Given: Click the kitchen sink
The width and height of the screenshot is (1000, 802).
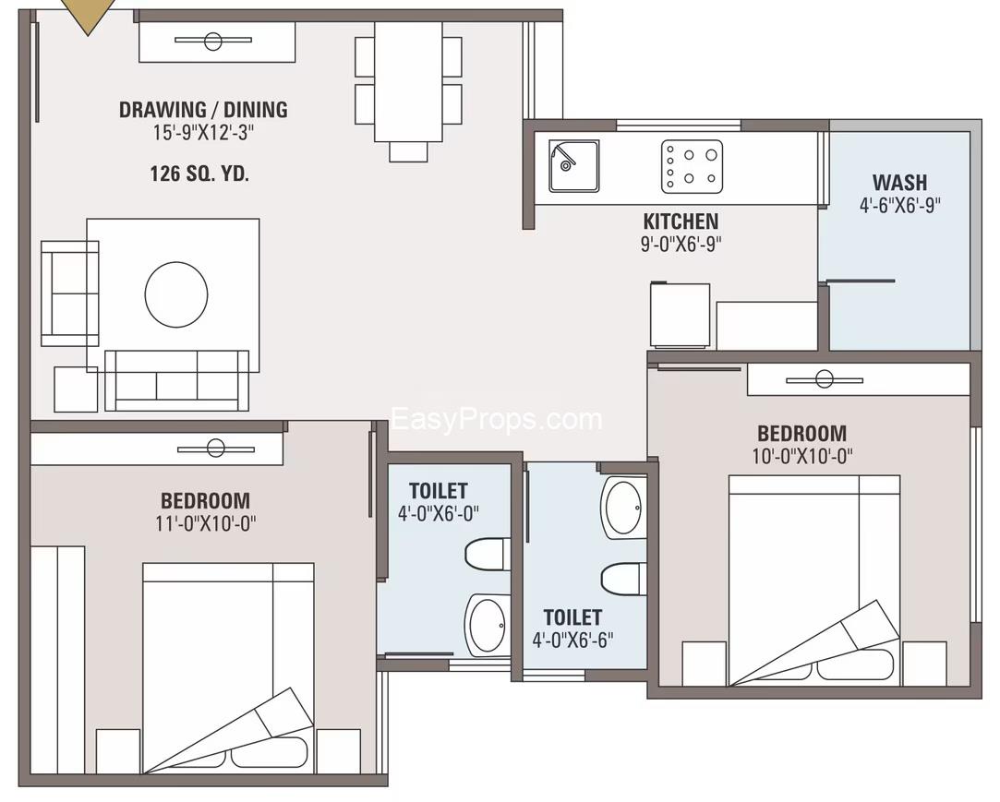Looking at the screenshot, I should click(x=573, y=166).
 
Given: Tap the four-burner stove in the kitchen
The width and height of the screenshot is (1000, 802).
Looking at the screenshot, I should click(x=692, y=166).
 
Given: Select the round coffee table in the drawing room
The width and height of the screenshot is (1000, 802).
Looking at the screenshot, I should click(x=176, y=294).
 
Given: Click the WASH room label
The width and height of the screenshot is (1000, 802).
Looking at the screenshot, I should click(x=899, y=182).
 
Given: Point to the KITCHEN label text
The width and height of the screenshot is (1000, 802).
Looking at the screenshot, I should click(x=681, y=221).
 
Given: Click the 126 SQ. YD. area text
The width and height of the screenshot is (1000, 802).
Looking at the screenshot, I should click(x=199, y=173).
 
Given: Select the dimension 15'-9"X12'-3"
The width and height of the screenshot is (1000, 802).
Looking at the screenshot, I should click(x=203, y=133).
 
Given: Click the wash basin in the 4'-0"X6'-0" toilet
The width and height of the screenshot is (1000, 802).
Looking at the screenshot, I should click(x=487, y=624).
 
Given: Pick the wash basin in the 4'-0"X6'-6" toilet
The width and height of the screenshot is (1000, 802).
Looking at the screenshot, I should click(x=625, y=507).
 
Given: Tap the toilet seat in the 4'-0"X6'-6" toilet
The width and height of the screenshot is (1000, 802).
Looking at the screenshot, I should click(x=622, y=579).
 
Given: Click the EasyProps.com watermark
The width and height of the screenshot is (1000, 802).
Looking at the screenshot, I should click(x=497, y=420).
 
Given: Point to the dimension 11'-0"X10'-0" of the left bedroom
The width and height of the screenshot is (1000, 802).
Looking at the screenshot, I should click(x=205, y=523).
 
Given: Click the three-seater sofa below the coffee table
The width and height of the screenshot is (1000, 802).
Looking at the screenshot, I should click(x=176, y=379).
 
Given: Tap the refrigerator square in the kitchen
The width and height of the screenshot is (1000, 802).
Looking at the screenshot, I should click(x=680, y=316).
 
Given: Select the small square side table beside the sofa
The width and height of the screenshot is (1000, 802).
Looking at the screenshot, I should click(x=76, y=389).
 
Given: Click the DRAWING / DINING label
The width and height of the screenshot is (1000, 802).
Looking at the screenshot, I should click(x=203, y=110).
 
